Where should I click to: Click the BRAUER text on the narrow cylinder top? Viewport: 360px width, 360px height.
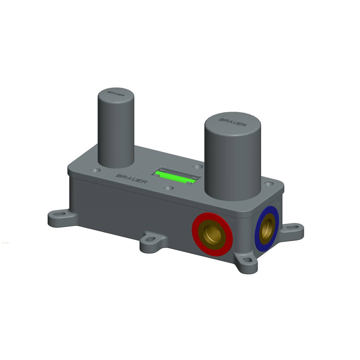pos(115,93)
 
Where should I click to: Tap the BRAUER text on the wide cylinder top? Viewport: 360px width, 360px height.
pos(232,121)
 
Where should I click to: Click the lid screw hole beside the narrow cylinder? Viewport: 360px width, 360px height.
pos(95,170)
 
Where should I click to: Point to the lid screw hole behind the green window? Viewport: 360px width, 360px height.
pos(196,166)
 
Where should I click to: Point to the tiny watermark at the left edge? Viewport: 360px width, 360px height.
pos(5,242)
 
